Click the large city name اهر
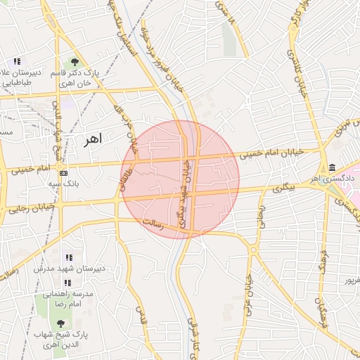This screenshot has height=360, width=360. tap(92, 139)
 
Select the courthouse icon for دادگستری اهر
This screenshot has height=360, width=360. tap(331, 167)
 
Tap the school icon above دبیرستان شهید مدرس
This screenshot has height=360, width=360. tap(69, 258)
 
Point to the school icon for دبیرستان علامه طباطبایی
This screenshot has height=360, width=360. tap(16, 62)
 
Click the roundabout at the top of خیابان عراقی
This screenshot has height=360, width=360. tap(253, 250)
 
